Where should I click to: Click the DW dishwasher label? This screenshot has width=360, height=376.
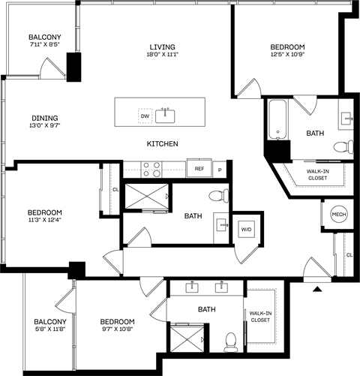click(x=144, y=116)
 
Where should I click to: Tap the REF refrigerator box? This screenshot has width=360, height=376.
click(x=199, y=169)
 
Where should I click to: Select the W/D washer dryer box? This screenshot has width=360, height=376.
click(x=246, y=229)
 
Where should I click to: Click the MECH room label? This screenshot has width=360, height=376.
click(x=339, y=215)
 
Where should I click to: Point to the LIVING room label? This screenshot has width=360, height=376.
click(x=162, y=47)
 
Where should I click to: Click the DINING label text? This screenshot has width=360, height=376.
click(x=45, y=117)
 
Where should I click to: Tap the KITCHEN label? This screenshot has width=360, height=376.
click(x=162, y=143)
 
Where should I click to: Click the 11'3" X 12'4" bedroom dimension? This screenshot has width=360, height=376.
click(x=45, y=219)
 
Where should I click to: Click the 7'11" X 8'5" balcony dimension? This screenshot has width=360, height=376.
click(x=45, y=45)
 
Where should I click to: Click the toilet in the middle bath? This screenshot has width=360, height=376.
click(x=217, y=197)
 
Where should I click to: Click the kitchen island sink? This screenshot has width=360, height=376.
click(x=166, y=115)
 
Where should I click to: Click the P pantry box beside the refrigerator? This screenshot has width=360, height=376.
click(x=220, y=170)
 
